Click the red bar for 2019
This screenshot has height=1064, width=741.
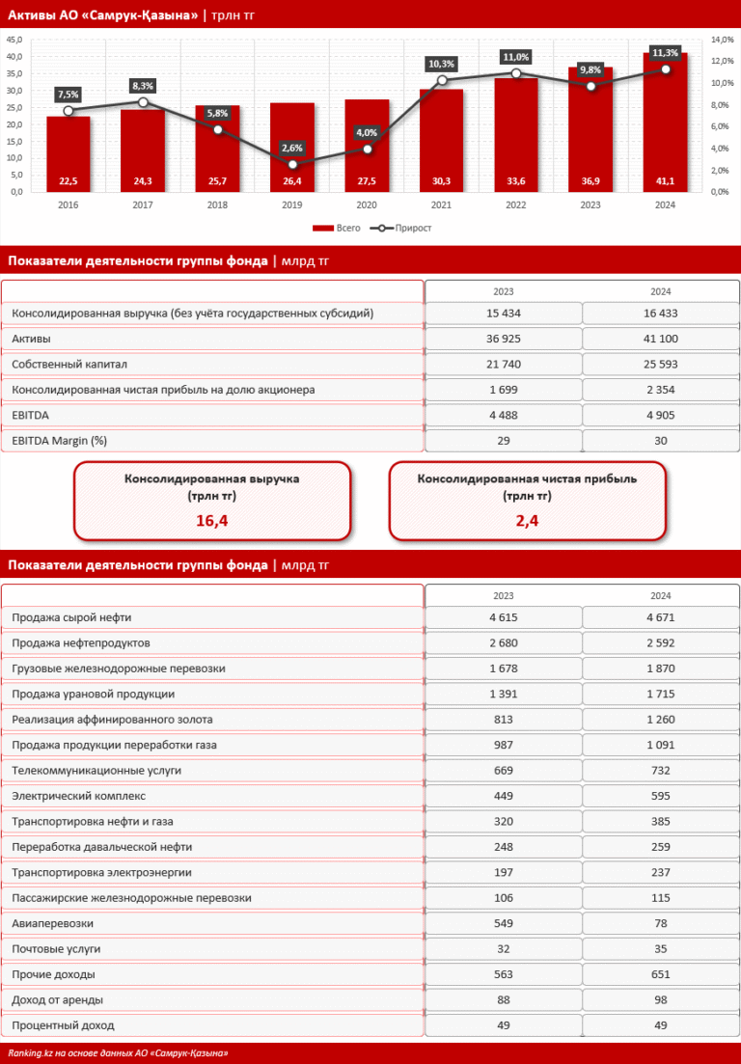point(291,145)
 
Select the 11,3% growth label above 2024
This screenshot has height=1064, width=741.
point(665,52)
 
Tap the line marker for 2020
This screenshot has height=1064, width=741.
point(368,149)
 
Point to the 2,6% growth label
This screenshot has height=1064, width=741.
point(292,148)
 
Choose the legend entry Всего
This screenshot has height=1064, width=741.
point(337,229)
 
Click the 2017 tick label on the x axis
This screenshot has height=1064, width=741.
point(143,205)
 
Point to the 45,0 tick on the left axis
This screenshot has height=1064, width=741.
point(14,41)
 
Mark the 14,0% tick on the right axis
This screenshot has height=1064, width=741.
point(722,41)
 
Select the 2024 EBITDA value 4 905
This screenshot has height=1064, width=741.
point(660,415)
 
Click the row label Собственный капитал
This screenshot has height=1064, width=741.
point(69,365)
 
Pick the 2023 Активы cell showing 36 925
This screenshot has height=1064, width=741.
point(503,340)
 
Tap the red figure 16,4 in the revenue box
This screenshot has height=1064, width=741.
point(212,521)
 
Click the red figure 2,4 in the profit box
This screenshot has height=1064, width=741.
point(527,521)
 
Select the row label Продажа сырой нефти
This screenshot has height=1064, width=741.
point(72,617)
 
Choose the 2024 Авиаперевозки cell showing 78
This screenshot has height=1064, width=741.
point(660,923)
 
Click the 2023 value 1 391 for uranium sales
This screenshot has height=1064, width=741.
point(503,694)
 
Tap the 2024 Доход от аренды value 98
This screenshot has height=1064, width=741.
point(660,999)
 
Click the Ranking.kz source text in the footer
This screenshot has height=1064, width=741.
point(118,1053)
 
